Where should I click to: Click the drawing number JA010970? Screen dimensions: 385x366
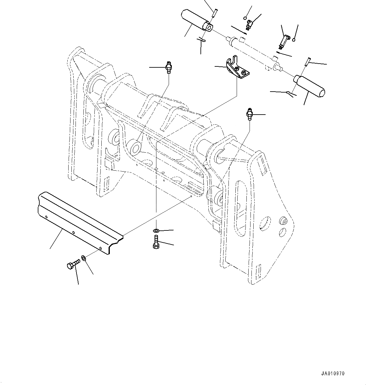(x=333, y=374)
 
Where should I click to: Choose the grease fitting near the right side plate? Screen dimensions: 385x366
(x=249, y=114)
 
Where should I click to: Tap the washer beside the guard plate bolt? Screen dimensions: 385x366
(x=84, y=258)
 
